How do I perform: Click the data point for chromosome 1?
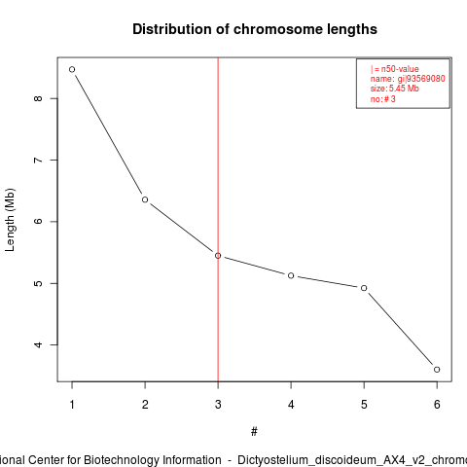click(x=72, y=69)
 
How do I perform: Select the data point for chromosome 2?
click(x=145, y=199)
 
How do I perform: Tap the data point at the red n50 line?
click(x=218, y=256)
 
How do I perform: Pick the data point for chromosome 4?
click(x=291, y=275)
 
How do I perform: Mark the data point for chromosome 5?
click(x=364, y=288)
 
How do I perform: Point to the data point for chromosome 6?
click(x=437, y=370)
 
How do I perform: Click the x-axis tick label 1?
click(x=72, y=405)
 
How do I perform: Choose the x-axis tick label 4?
click(x=291, y=405)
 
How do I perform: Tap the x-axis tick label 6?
click(x=437, y=405)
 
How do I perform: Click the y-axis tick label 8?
click(x=38, y=98)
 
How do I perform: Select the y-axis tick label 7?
click(x=38, y=160)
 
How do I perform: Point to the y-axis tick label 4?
click(x=38, y=344)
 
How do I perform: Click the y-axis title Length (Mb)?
click(x=10, y=220)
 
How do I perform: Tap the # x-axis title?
click(x=254, y=432)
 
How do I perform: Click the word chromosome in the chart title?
click(x=278, y=29)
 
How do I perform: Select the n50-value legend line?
click(x=395, y=69)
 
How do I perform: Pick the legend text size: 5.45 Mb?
click(x=395, y=89)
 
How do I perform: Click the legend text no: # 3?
click(x=383, y=99)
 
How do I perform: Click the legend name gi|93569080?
click(x=408, y=79)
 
